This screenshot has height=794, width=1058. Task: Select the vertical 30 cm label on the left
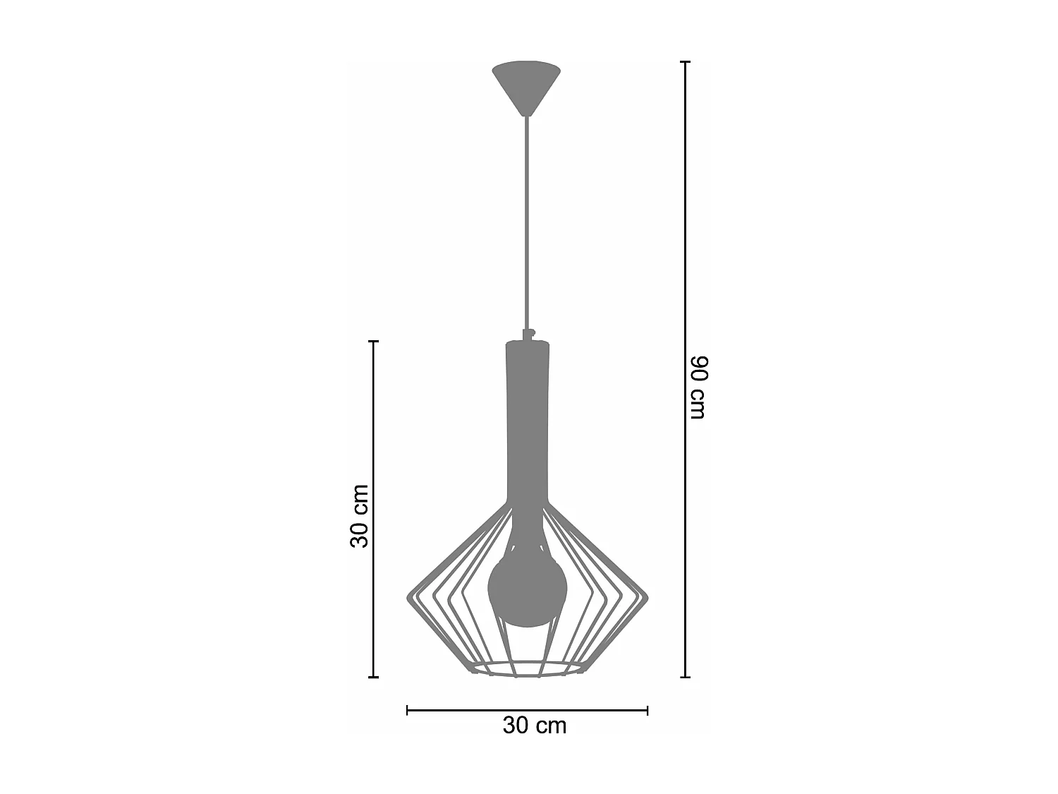pos(360,515)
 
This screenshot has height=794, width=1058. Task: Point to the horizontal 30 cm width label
pos(534,726)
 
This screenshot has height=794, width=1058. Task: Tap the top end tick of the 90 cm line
pos(684,62)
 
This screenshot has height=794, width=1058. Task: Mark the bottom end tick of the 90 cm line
pos(684,677)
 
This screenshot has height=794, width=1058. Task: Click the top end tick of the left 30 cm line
pos(374,342)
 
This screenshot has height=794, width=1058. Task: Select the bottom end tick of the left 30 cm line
pos(374,677)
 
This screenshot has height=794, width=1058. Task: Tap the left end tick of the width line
pos(408,710)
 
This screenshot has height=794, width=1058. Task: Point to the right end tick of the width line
pos(647,710)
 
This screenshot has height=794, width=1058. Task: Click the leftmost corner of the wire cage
pos(409,598)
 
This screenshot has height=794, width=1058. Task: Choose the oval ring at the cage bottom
pos(527,668)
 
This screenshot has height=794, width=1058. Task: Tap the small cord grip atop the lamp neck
pos(527,334)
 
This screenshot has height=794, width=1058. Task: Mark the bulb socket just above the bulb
pos(526,533)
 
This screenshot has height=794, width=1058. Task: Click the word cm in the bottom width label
pos(552,726)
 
